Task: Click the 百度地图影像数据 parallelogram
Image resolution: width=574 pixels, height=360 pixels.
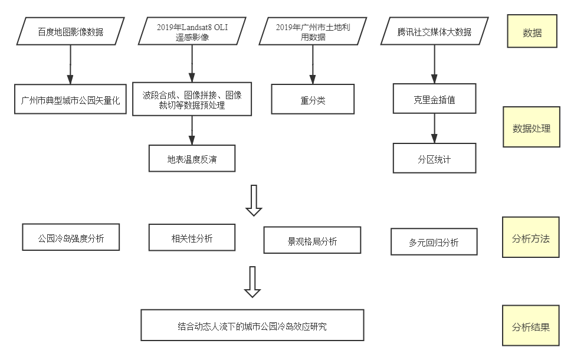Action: (70, 31)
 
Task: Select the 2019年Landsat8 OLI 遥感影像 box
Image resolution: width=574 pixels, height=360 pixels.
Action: (192, 31)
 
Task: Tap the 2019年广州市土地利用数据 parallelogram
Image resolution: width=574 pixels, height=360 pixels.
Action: (313, 31)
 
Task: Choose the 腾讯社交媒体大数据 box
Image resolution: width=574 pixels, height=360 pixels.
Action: (435, 31)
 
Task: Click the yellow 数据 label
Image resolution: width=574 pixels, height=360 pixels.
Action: (532, 32)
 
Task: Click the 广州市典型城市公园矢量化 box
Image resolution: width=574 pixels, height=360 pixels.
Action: (70, 99)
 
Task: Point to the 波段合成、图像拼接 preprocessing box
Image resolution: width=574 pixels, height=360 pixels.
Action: (192, 99)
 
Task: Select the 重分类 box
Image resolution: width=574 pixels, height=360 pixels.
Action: (313, 99)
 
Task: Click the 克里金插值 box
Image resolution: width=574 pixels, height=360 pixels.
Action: (434, 99)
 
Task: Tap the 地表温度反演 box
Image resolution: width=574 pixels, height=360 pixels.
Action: (192, 159)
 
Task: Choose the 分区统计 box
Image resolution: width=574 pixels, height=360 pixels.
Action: (434, 159)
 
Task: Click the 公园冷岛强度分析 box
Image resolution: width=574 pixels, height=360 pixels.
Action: (71, 238)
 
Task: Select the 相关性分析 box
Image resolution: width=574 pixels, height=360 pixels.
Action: (192, 238)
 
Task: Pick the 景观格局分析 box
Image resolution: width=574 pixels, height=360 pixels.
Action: (312, 241)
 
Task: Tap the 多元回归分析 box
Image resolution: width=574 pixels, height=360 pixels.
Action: (434, 242)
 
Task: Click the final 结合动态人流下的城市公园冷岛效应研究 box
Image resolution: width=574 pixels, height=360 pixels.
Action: (252, 325)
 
